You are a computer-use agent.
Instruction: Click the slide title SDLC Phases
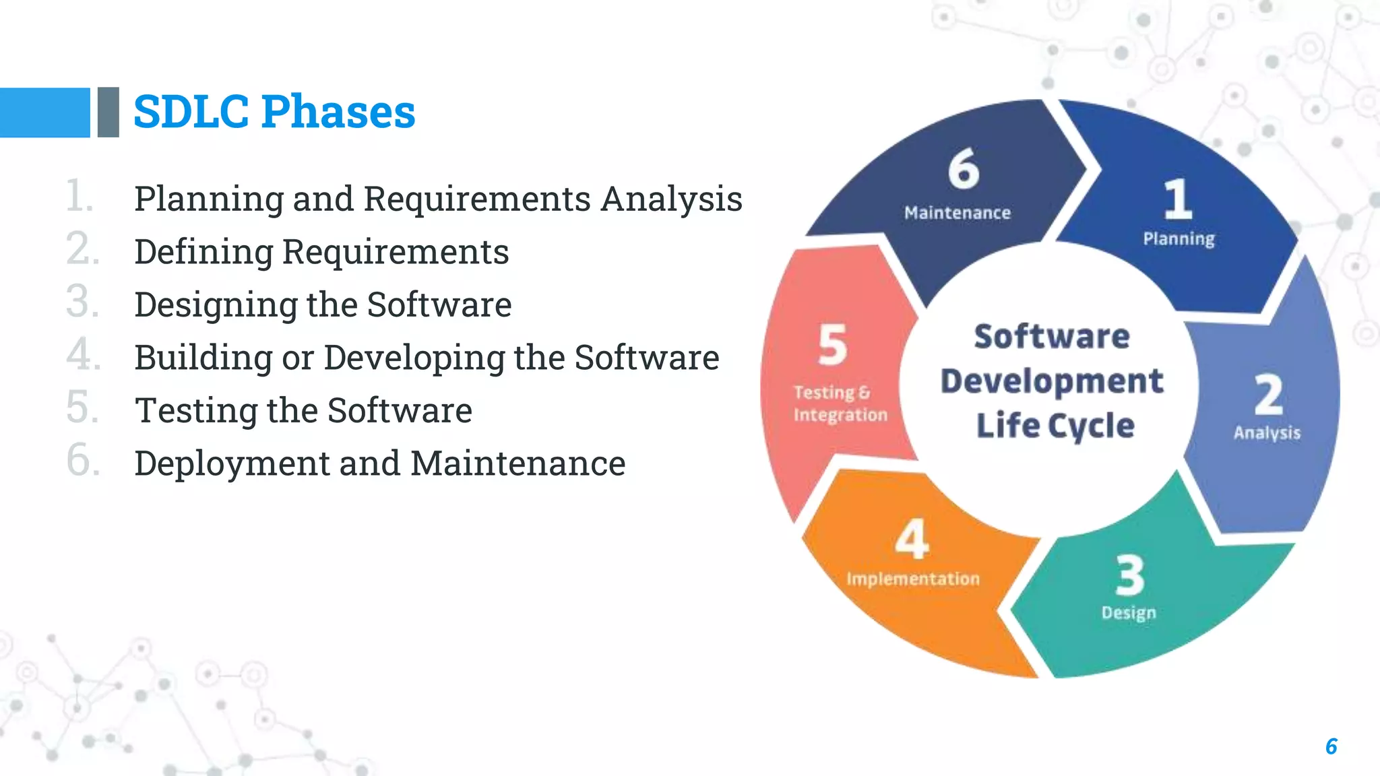tap(274, 112)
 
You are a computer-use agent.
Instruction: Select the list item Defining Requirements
tap(321, 252)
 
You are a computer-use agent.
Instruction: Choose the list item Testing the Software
tap(303, 410)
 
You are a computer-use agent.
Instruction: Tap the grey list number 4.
tap(82, 354)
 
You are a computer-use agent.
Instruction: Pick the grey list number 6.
tap(82, 460)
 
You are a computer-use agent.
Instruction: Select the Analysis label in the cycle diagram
tap(1267, 432)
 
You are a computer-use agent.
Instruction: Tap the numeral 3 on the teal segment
tap(1129, 576)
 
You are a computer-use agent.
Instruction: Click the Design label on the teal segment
tap(1129, 612)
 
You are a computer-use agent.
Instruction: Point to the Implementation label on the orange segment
tap(913, 579)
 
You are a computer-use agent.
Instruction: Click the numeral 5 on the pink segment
tap(833, 345)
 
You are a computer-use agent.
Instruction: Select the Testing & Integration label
tap(840, 403)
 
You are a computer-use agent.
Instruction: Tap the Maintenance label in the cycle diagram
tap(958, 213)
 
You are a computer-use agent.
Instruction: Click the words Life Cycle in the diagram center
tap(1055, 426)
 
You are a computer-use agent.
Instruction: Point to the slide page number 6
tap(1331, 746)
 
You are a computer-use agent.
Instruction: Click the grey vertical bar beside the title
tap(108, 112)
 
